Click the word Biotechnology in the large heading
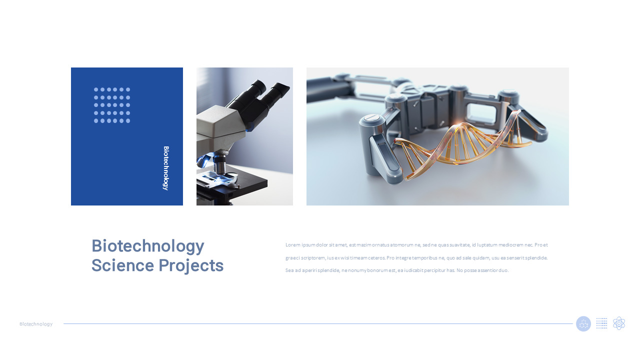tap(147, 246)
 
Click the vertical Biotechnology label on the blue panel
tap(166, 168)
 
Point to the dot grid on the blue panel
tap(112, 105)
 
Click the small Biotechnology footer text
tap(36, 324)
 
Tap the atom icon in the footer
tap(619, 323)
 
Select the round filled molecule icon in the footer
tap(583, 323)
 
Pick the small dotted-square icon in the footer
tap(602, 323)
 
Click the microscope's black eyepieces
tap(265, 92)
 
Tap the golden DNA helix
tap(460, 145)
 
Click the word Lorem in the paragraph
tap(292, 245)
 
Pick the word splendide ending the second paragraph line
tap(536, 258)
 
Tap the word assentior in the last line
tap(484, 270)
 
